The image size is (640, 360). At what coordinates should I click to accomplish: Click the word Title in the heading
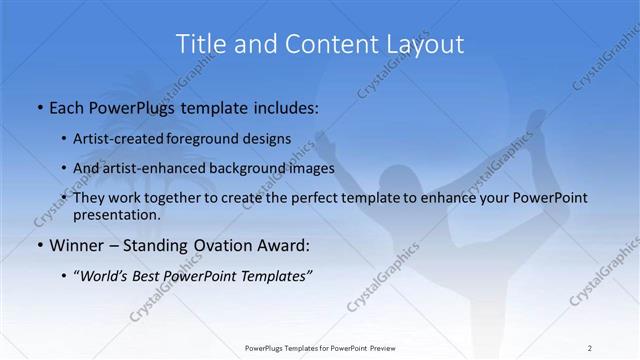200,44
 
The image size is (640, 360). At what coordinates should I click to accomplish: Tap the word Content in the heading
318,44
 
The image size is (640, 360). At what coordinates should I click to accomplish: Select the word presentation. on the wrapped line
117,214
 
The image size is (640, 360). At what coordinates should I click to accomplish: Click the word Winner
75,245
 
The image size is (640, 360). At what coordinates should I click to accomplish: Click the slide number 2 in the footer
589,348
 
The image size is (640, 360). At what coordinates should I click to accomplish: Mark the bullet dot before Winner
38,245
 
